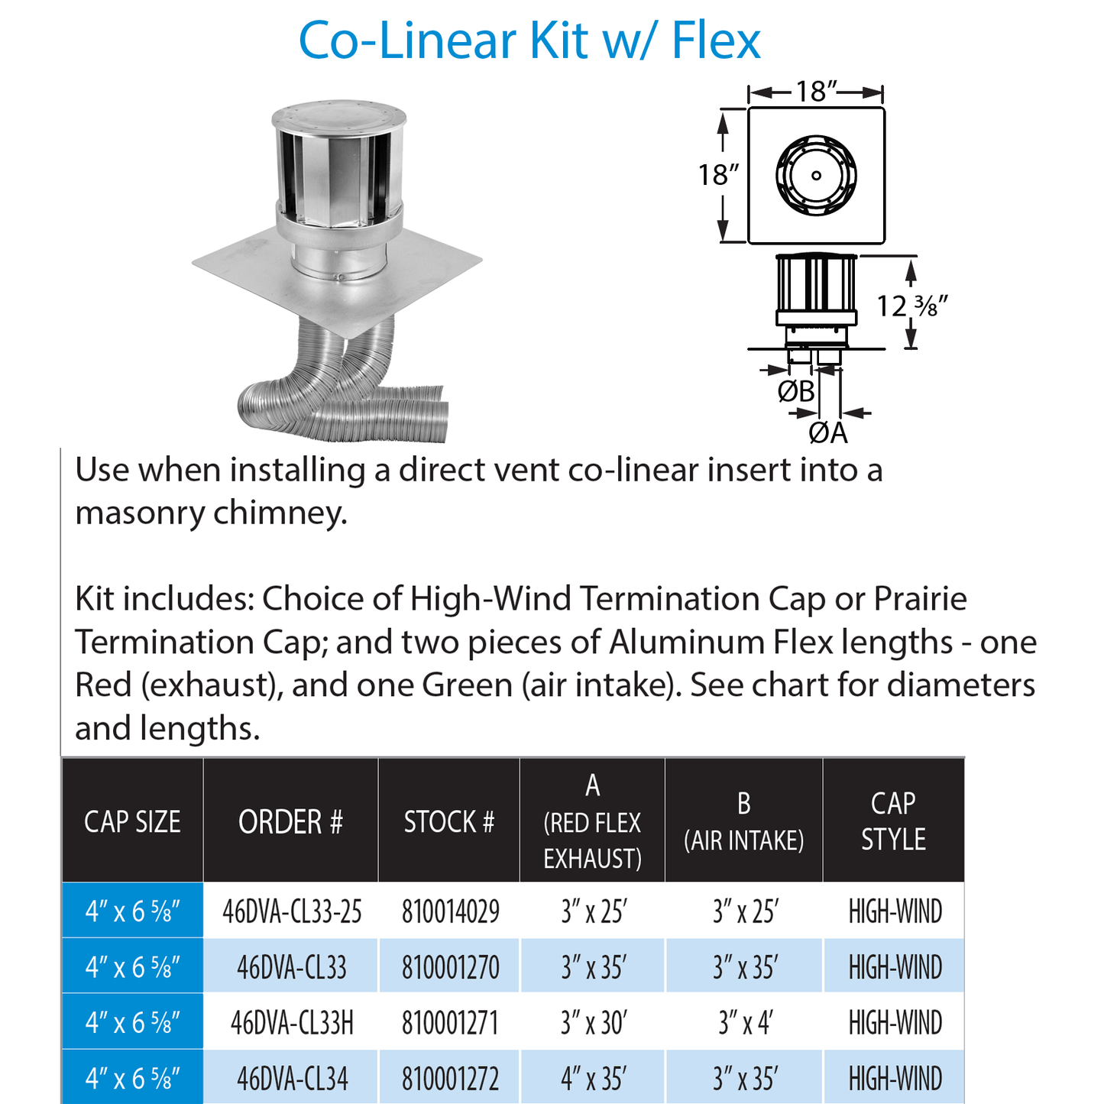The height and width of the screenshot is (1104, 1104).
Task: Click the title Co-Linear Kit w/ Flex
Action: coord(529,40)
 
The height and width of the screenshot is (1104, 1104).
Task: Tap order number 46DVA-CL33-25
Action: coord(292,911)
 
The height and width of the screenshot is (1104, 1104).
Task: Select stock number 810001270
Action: coord(450,967)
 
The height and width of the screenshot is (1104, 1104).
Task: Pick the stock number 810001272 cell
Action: coord(450,1079)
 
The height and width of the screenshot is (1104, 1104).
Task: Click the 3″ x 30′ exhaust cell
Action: coord(593,1023)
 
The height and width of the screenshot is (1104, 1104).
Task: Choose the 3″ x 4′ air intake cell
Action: coord(745,1023)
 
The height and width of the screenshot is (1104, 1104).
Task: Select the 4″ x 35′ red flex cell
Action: coord(593,1079)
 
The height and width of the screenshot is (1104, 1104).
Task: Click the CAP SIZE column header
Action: coord(132,822)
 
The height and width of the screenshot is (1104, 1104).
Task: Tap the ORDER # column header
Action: coord(290,822)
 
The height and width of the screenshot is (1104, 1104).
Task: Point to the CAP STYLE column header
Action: coord(893,821)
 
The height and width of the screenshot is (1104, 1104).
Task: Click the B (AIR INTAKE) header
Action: coord(743,822)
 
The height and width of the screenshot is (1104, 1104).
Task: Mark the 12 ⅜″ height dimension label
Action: coord(911,306)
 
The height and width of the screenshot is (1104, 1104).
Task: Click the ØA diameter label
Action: coord(828,433)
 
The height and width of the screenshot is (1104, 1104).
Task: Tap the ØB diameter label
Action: coord(796,392)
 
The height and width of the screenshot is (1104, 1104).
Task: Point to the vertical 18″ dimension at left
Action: coord(718,175)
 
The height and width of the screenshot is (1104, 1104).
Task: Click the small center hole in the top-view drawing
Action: coord(816,176)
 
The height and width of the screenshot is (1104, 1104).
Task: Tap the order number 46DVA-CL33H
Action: coord(292,1023)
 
